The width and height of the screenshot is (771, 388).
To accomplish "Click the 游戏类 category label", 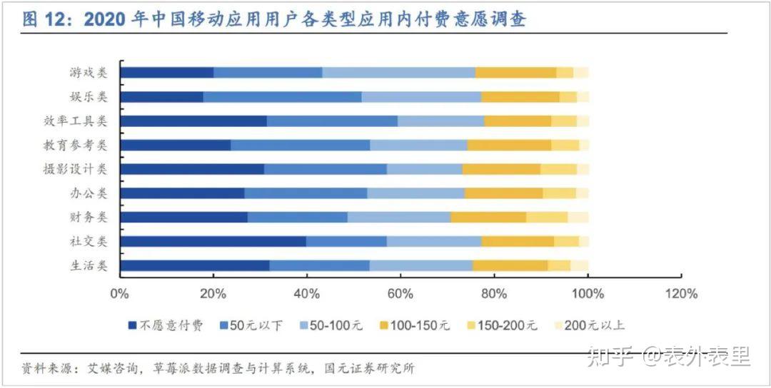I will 88,72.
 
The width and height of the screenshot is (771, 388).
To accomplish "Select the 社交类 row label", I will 88,241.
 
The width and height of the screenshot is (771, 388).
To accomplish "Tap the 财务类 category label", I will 88,217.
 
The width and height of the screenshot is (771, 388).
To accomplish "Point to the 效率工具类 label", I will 76,121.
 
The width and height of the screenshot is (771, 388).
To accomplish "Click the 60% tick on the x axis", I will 400,294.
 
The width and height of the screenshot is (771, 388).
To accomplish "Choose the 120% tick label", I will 681,294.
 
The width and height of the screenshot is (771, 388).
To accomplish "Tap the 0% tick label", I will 119,294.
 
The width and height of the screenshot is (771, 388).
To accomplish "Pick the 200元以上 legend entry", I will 595,325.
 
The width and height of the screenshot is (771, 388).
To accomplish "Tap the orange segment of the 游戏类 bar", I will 515,72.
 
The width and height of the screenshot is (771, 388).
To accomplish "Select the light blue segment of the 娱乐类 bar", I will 421,96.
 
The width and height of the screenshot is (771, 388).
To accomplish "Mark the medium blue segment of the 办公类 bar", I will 306,193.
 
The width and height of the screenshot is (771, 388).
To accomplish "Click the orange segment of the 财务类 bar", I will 488,217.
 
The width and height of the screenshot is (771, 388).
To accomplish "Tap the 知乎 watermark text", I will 609,357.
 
